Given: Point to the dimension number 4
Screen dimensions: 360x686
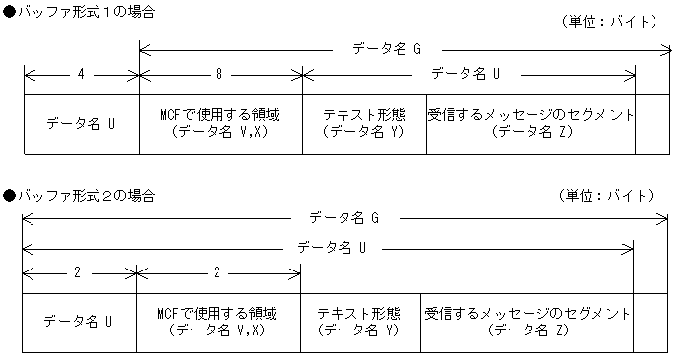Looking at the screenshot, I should tap(81, 73).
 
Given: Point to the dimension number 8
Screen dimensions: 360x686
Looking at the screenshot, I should tap(220, 73).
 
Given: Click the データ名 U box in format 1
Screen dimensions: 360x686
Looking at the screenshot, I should tap(81, 125).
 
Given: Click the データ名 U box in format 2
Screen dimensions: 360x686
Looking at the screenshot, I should tap(79, 322).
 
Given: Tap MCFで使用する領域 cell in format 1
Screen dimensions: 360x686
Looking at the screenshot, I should tap(220, 125).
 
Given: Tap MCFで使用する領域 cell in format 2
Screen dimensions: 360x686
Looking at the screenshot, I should tap(218, 322).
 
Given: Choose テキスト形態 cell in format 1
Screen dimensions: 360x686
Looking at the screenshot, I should tap(364, 125).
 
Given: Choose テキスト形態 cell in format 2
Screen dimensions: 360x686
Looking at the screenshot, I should tap(359, 322).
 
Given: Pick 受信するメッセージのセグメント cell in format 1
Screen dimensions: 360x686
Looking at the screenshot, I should tap(530, 125).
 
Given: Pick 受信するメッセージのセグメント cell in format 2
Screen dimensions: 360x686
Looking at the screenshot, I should tap(527, 322).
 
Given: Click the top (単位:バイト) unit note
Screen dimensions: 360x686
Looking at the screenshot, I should tap(604, 21).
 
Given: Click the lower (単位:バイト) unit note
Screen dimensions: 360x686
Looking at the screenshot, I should tap(604, 196).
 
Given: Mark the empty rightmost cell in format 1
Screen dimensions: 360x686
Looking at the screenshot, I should tap(652, 125).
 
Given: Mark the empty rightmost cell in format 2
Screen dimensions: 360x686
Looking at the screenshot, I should tap(650, 322).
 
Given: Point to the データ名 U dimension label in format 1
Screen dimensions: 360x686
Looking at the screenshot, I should tap(467, 73).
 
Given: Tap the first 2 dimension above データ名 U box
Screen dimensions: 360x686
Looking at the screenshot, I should tap(77, 272).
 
